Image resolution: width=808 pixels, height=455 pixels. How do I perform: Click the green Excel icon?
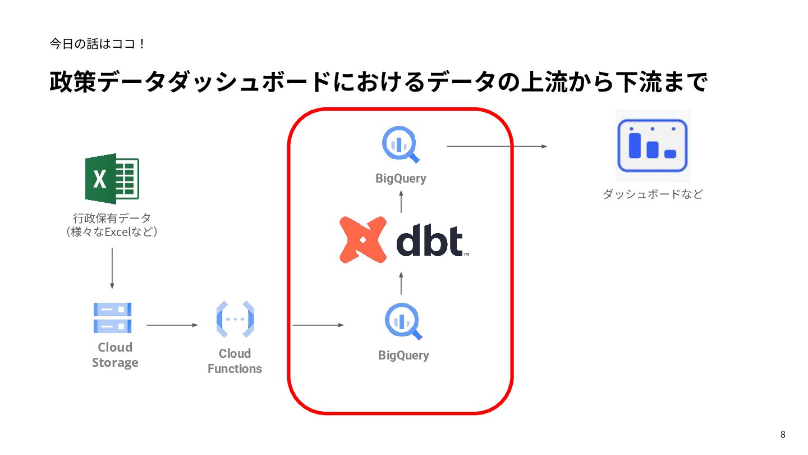[x=112, y=179]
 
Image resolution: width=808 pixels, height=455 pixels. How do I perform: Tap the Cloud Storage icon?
[x=112, y=318]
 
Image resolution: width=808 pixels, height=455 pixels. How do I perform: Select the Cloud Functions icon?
[x=235, y=320]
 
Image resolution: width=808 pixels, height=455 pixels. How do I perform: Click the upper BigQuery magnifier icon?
[x=401, y=145]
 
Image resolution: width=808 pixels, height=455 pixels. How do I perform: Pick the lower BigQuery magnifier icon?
[x=403, y=322]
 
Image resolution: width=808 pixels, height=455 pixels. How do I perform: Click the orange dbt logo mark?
[x=363, y=240]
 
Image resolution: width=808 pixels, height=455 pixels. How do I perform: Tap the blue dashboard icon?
[x=652, y=145]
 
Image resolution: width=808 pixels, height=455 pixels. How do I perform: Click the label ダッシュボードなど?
[x=653, y=194]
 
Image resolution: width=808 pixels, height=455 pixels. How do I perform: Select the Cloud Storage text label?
[x=115, y=355]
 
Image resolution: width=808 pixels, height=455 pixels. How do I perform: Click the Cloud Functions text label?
[x=235, y=361]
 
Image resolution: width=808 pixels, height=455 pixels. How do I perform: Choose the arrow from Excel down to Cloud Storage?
[x=112, y=268]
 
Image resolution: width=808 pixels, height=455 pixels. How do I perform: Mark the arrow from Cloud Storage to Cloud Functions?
[x=172, y=325]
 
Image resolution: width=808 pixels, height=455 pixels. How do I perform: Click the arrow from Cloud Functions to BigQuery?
[x=318, y=325]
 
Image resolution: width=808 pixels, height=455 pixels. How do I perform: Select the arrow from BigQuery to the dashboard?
[x=497, y=147]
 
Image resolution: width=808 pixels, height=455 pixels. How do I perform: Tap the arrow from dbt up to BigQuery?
[x=401, y=202]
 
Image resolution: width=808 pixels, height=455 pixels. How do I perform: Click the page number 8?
[x=783, y=434]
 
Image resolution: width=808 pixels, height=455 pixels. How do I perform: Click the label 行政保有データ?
[x=112, y=218]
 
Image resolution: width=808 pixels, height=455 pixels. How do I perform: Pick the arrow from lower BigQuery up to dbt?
[x=401, y=283]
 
